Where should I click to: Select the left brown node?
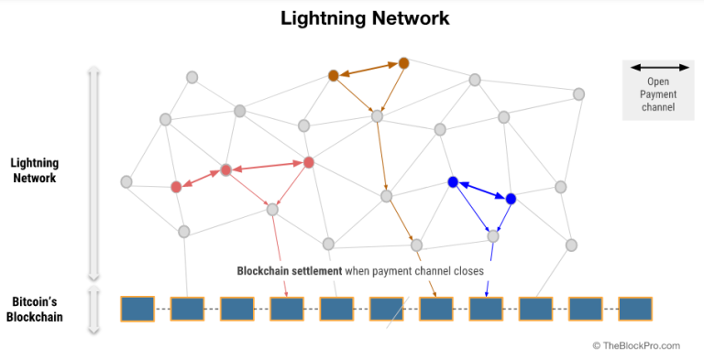334,75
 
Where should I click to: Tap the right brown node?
403,63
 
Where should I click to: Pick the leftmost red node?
176,187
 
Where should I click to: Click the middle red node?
225,170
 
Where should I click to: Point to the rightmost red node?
309,162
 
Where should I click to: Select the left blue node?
453,182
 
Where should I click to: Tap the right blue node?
511,199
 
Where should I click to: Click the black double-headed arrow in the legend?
659,68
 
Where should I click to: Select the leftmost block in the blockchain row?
137,309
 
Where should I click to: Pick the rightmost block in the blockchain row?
634,309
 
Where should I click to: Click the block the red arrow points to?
286,309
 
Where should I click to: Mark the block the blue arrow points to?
486,309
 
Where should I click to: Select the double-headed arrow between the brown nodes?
368,70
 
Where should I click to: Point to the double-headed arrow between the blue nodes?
482,191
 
